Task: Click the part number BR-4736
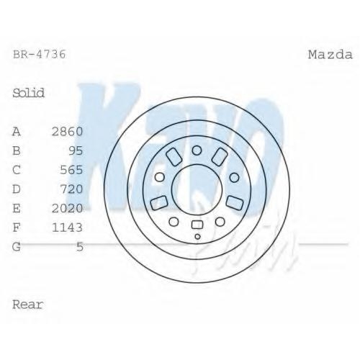[x=39, y=55]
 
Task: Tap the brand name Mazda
[x=330, y=55]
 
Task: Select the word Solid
[x=29, y=93]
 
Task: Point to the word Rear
[x=28, y=305]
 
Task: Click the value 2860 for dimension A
[x=68, y=132]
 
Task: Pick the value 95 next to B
[x=76, y=150]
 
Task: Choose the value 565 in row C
[x=71, y=170]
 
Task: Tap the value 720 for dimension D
[x=71, y=189]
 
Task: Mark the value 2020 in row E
[x=68, y=208]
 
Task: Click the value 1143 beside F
[x=68, y=228]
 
